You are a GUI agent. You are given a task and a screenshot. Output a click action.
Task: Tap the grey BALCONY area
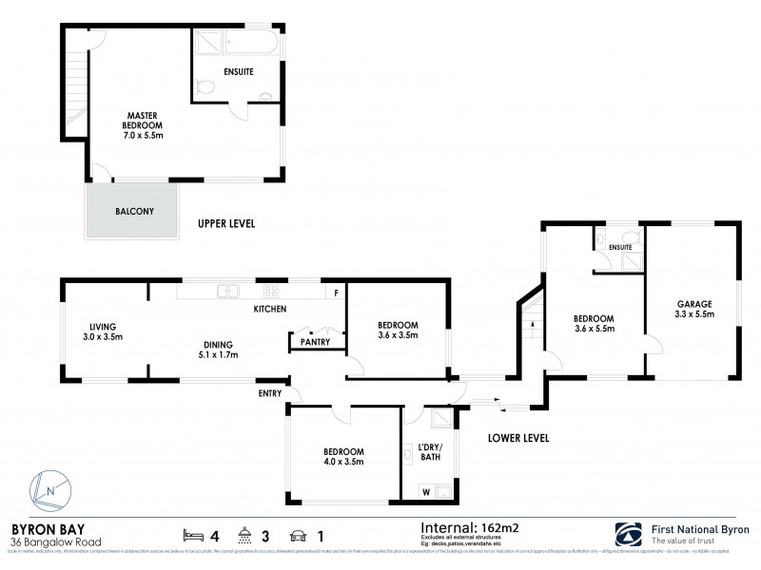133,212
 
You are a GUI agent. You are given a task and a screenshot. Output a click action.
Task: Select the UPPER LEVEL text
226,224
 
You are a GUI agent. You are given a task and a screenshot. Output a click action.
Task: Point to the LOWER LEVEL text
517,438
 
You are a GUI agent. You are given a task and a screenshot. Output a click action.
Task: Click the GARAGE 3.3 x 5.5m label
693,310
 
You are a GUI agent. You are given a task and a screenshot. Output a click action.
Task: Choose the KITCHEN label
270,310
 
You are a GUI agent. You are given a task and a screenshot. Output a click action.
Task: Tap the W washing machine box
424,491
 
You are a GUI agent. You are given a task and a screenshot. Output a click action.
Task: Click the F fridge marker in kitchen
335,293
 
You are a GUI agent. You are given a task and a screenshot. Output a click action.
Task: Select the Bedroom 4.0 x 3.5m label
343,456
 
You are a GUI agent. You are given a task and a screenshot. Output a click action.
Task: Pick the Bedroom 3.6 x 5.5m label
593,324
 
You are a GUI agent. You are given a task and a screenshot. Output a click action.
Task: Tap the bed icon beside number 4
193,534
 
